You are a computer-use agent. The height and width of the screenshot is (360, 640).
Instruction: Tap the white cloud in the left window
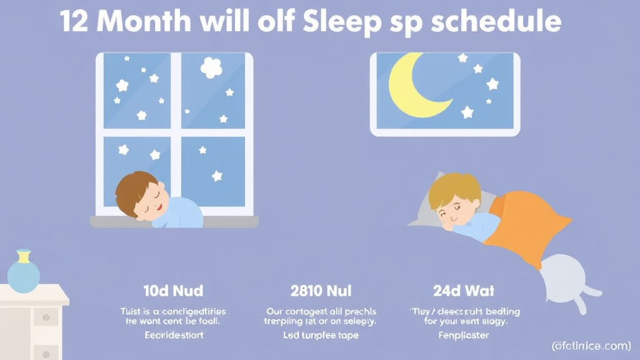pos(211,67)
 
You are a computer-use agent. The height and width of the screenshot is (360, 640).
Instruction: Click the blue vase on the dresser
pos(24,273)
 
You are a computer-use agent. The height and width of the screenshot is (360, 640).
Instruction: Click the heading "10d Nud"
pos(172,291)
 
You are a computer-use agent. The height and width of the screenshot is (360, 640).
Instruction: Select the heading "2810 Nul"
pos(321,291)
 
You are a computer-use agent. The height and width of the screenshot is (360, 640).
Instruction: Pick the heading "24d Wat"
pos(464,291)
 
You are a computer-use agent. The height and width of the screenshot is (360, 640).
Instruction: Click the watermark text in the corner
pos(592,345)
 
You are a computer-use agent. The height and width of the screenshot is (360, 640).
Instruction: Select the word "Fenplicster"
pos(464,336)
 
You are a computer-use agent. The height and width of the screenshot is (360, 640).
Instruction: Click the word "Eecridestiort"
pos(172,336)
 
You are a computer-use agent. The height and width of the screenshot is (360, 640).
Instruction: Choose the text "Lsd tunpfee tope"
pos(320,336)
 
